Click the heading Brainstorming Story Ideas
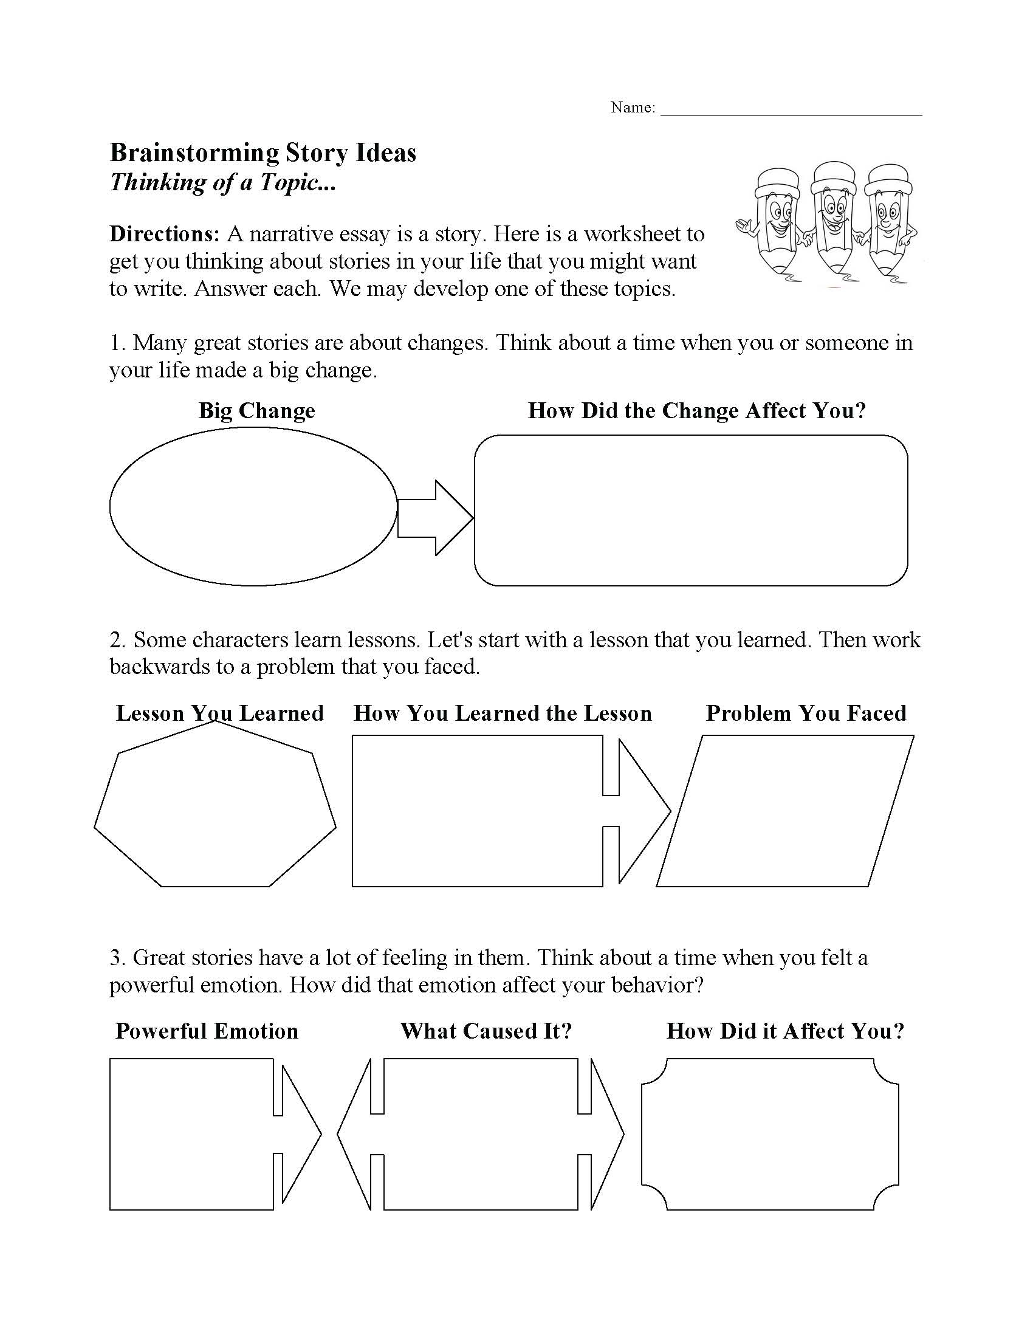(263, 153)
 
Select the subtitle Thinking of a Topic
(223, 182)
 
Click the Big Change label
(257, 410)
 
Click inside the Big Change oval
(253, 506)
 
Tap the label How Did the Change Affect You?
(697, 410)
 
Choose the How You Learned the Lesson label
(503, 713)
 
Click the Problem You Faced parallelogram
(785, 811)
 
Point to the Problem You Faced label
(806, 713)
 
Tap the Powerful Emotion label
(207, 1031)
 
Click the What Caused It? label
(486, 1031)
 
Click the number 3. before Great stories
(117, 958)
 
